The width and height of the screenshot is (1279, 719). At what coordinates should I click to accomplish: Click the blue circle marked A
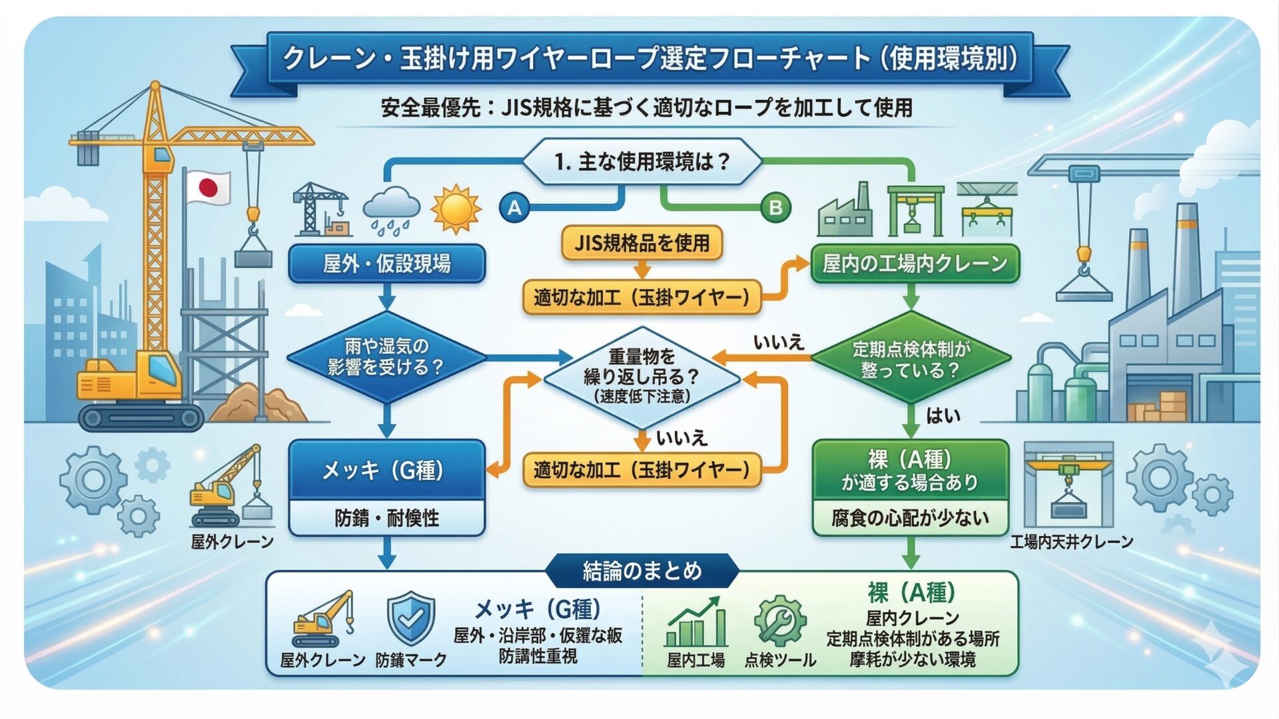pos(514,208)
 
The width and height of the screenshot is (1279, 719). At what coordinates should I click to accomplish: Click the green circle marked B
pos(775,208)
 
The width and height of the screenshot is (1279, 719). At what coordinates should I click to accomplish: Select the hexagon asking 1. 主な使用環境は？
pos(642,162)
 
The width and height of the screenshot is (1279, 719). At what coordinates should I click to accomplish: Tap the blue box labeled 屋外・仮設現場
pos(387,264)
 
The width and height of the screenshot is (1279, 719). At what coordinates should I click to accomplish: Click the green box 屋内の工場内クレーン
pos(915,264)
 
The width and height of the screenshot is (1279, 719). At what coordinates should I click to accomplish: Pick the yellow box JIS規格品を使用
pos(641,243)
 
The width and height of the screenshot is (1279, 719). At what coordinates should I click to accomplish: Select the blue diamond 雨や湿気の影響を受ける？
pos(386,358)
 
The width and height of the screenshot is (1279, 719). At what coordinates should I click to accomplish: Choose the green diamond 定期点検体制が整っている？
pos(911,359)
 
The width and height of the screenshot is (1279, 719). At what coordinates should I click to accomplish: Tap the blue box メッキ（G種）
pos(386,471)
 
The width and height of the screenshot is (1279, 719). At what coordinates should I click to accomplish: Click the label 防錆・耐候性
pos(386,518)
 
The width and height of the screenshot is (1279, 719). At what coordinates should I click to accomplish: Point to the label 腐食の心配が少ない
pos(910,518)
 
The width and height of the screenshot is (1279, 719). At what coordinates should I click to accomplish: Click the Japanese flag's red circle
pos(209,188)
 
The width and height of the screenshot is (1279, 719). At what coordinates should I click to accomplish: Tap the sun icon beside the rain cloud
pos(456,208)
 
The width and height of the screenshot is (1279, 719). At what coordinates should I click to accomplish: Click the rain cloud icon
pos(392,208)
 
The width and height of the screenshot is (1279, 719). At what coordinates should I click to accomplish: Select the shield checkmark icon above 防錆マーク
pos(411,618)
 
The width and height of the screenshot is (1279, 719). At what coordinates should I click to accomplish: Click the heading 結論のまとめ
pos(642,571)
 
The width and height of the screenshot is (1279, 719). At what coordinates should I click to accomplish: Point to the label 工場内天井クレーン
pos(1071,542)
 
